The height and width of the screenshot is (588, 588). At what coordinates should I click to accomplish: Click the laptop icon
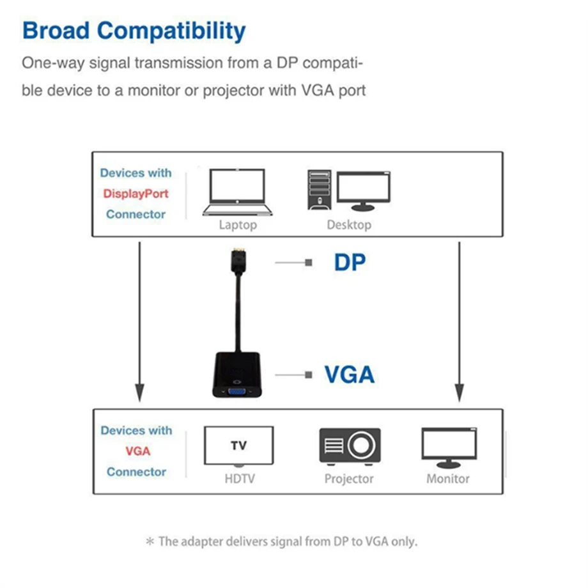(237, 192)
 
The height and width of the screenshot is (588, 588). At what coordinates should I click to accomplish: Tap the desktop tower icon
(319, 190)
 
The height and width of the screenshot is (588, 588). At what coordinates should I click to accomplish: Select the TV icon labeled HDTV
(238, 445)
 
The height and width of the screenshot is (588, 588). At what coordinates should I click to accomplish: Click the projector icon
(350, 446)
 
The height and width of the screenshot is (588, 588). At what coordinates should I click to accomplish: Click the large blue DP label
(350, 262)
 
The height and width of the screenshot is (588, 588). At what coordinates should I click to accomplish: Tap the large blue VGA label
(349, 374)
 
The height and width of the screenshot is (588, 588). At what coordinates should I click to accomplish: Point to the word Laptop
(238, 225)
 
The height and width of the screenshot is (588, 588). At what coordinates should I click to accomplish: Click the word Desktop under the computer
(349, 225)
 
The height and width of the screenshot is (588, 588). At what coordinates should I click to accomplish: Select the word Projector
(349, 479)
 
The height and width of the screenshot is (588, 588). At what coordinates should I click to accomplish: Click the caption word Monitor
(448, 479)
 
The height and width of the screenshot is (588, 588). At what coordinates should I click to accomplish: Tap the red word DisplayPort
(136, 194)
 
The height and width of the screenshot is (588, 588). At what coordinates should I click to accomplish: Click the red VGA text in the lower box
(137, 451)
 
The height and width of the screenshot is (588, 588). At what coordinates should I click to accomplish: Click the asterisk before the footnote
(150, 542)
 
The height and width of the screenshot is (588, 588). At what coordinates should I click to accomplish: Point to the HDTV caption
(239, 479)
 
